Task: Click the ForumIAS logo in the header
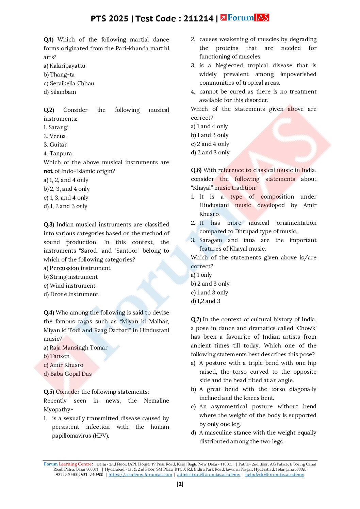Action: [x=245, y=18]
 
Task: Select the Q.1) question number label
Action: [x=49, y=39]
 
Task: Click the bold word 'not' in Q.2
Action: [x=48, y=171]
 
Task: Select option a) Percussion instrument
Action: [x=77, y=268]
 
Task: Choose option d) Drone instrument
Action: [x=71, y=294]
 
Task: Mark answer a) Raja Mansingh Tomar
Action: [x=76, y=347]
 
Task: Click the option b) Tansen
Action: [x=56, y=356]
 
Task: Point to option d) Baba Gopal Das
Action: [x=68, y=374]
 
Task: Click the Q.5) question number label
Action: [x=49, y=392]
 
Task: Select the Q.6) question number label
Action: [x=196, y=170]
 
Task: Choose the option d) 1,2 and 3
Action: [x=206, y=301]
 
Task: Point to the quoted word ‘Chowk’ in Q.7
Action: [x=306, y=328]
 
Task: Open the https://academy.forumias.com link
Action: [x=140, y=475]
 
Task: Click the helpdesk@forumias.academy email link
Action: [x=275, y=475]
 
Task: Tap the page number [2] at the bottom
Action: [x=180, y=484]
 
